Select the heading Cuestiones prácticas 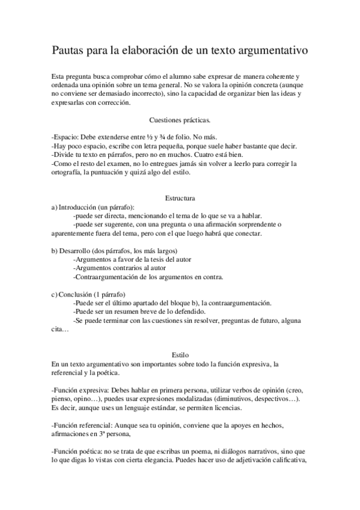(x=179, y=120)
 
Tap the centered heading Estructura (x=179, y=198)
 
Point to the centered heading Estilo (x=179, y=355)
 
